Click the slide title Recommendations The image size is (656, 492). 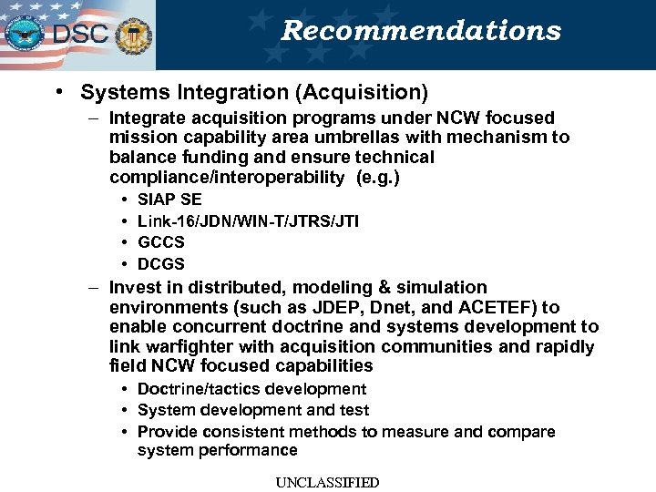click(420, 31)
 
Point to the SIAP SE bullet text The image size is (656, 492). click(169, 199)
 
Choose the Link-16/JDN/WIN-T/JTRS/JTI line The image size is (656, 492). click(248, 220)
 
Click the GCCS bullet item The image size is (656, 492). click(160, 242)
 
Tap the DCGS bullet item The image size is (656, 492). click(160, 264)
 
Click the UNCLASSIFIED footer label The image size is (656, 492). click(328, 482)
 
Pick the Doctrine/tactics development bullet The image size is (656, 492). click(251, 389)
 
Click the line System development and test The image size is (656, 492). click(253, 410)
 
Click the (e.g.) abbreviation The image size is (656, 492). click(379, 177)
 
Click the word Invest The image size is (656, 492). click(135, 287)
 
